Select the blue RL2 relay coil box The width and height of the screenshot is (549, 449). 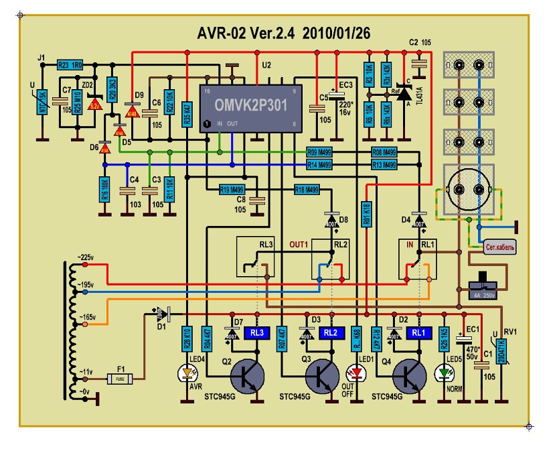click(x=330, y=331)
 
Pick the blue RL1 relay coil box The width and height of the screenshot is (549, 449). click(x=416, y=331)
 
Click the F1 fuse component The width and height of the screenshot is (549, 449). click(x=121, y=379)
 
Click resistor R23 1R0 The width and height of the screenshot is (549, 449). click(x=70, y=65)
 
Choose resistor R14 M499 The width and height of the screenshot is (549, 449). click(x=319, y=164)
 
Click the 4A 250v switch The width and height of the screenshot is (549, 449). click(x=481, y=285)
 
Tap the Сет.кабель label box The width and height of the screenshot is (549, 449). click(x=500, y=248)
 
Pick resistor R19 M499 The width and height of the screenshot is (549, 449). click(x=232, y=190)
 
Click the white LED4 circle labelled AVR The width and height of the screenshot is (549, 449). click(x=187, y=372)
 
